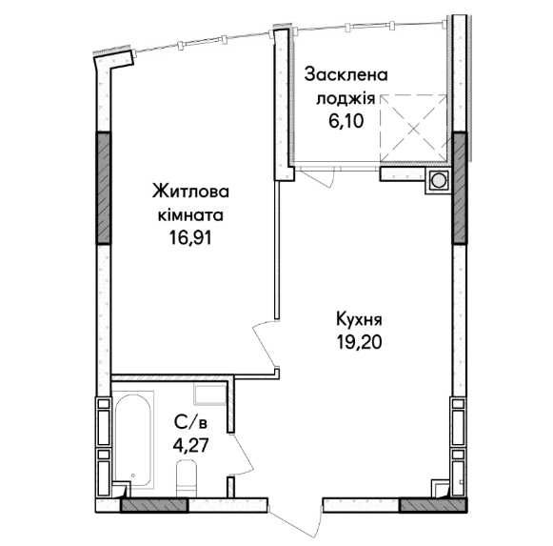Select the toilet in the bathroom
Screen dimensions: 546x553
click(x=187, y=475)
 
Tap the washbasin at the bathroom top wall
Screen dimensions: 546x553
click(x=206, y=392)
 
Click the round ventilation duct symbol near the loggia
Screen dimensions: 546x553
click(x=439, y=179)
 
